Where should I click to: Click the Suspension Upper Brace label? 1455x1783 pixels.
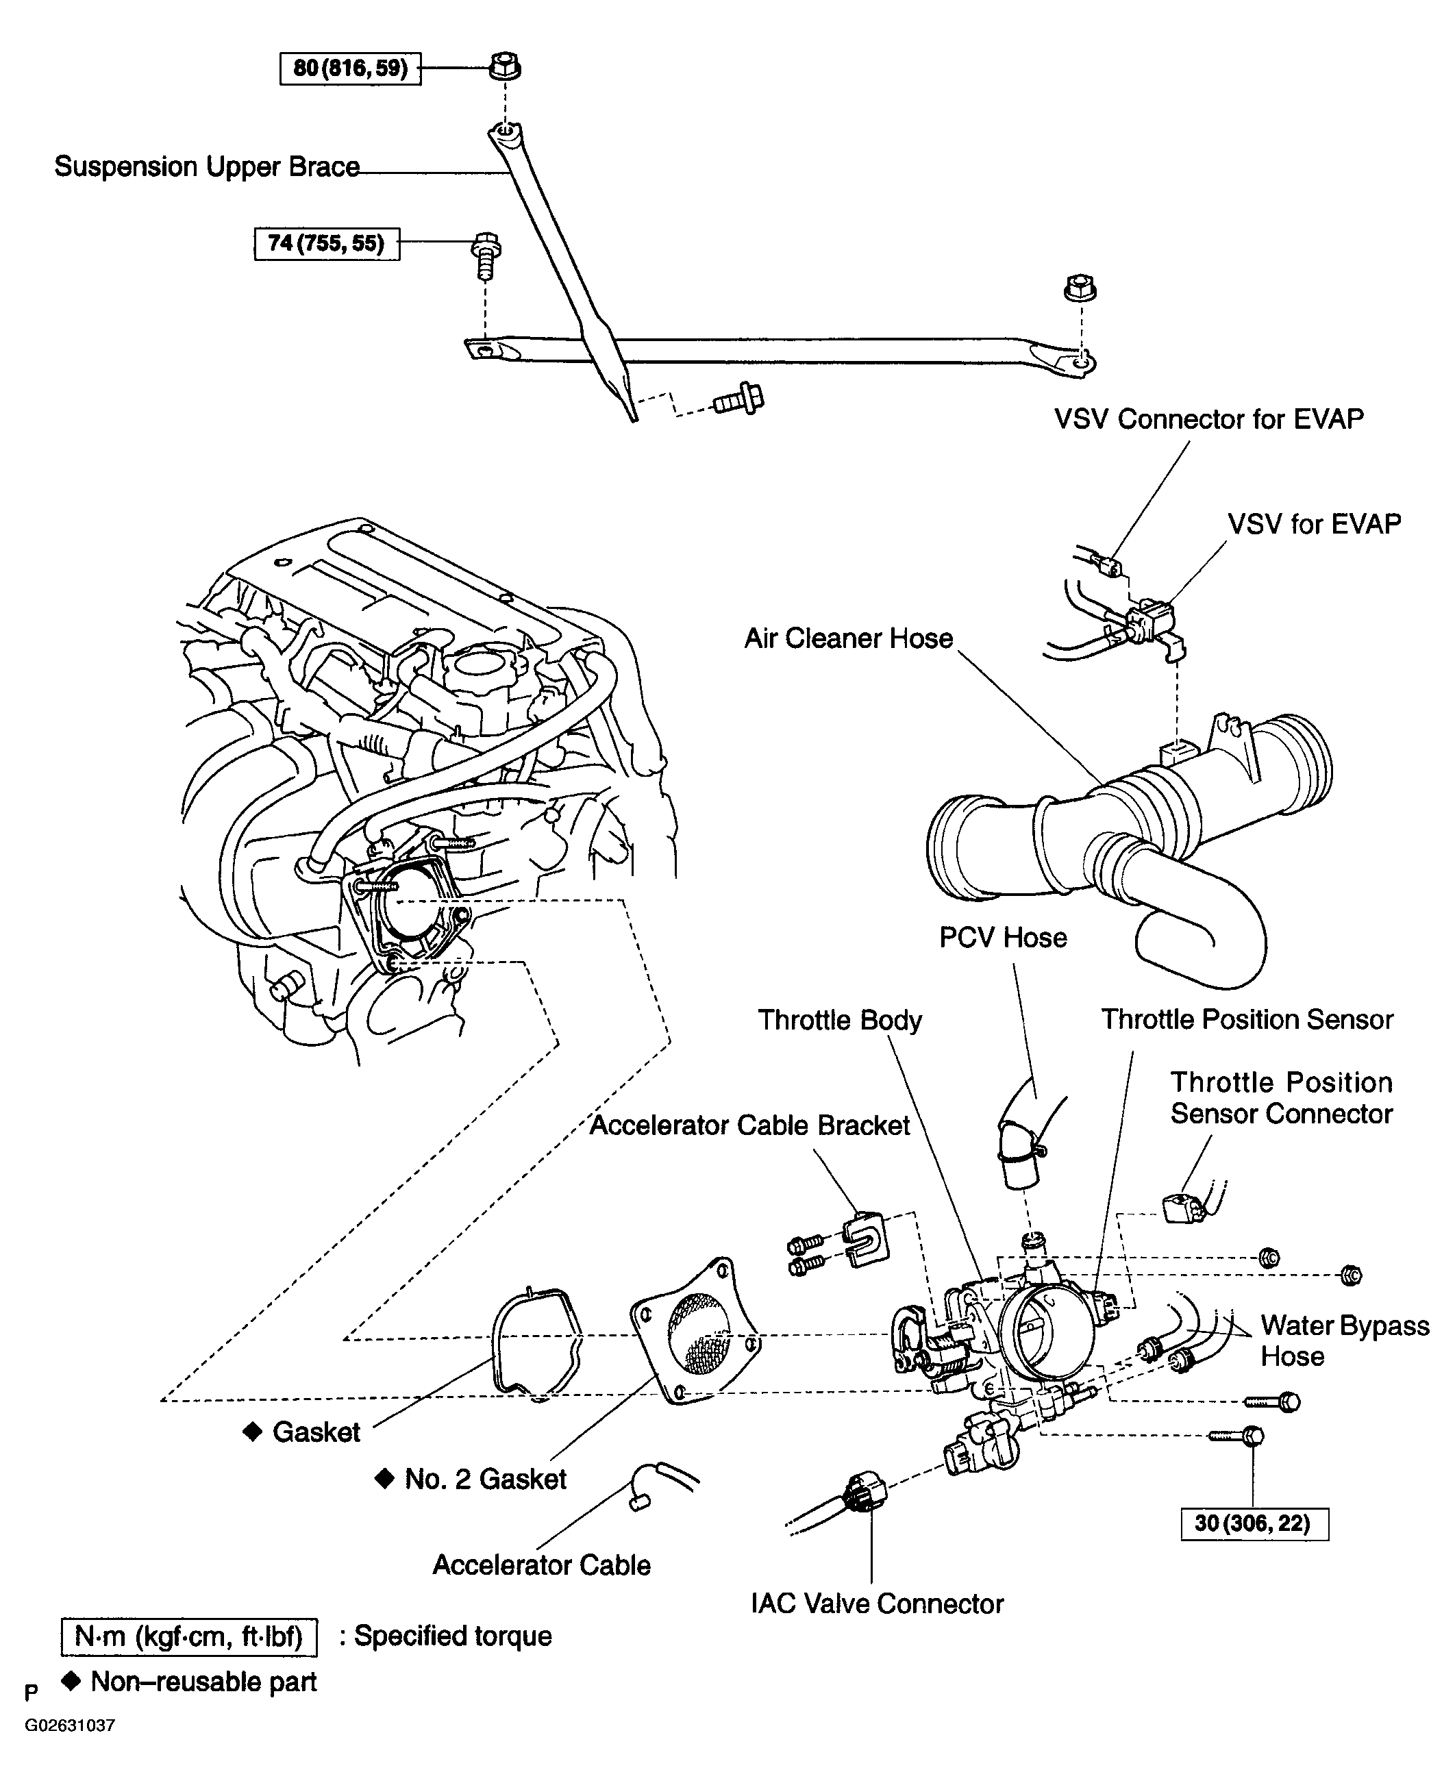(x=207, y=166)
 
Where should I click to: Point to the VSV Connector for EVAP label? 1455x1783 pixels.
(x=1208, y=419)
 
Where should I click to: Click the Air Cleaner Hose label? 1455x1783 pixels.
(x=848, y=638)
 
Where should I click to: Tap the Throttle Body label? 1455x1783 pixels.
(x=840, y=1020)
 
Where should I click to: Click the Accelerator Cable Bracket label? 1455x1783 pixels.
(x=749, y=1125)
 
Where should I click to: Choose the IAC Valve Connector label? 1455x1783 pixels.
(x=877, y=1604)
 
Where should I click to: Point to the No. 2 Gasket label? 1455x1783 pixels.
(x=484, y=1479)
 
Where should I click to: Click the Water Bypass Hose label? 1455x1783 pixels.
(x=1343, y=1341)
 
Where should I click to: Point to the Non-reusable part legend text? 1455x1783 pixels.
(x=203, y=1682)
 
